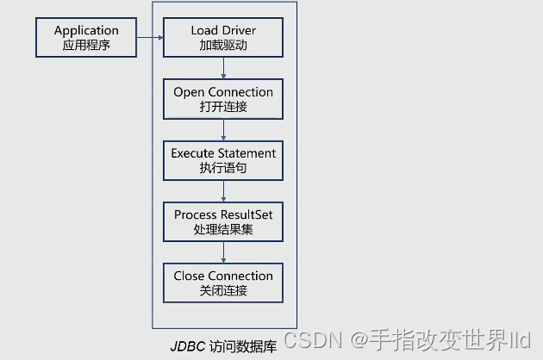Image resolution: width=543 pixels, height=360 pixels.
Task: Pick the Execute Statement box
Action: tap(223, 160)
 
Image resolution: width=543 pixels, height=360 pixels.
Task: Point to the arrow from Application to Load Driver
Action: tap(150, 37)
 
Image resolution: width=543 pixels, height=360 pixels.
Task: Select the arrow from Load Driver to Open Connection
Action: tap(223, 70)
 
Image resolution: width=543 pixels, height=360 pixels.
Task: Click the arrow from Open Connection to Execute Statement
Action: tap(223, 131)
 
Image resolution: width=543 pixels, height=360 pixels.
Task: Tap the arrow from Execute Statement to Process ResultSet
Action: tap(223, 192)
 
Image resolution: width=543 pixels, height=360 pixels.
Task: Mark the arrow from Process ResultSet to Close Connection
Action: tap(223, 253)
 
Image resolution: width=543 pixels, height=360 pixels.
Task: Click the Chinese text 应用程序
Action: tap(86, 44)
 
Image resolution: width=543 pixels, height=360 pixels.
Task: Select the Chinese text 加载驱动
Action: tap(223, 45)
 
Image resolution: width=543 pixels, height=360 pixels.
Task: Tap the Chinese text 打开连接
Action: tap(223, 107)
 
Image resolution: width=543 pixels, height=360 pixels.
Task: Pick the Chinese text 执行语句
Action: tap(223, 168)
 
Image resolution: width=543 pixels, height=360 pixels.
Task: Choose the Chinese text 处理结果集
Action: tap(223, 229)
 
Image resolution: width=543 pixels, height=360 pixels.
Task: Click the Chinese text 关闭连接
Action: tap(223, 290)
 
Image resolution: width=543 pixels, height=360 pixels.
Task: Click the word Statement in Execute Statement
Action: tap(247, 153)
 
